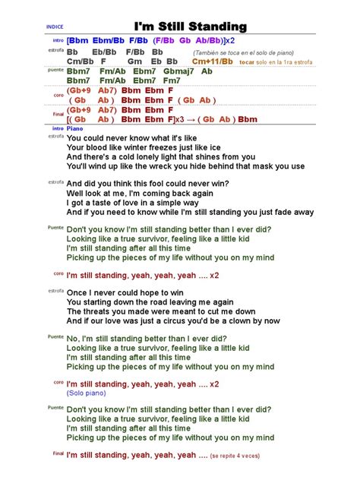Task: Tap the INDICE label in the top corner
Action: pos(55,26)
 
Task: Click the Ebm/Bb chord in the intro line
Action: pos(109,39)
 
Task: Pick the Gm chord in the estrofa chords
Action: pos(135,62)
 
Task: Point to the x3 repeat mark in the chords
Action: pos(182,119)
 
